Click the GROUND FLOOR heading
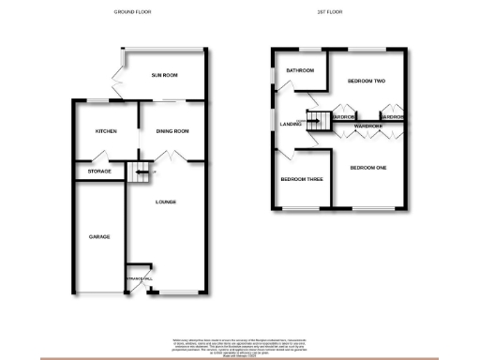(x=132, y=12)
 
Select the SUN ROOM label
(x=164, y=75)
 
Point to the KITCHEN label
(x=106, y=132)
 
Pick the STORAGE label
(x=99, y=172)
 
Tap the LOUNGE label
(x=166, y=202)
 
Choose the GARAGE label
(x=99, y=236)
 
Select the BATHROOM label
(x=300, y=70)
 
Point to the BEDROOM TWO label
(x=367, y=82)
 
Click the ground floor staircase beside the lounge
(x=142, y=172)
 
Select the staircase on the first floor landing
(x=320, y=119)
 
